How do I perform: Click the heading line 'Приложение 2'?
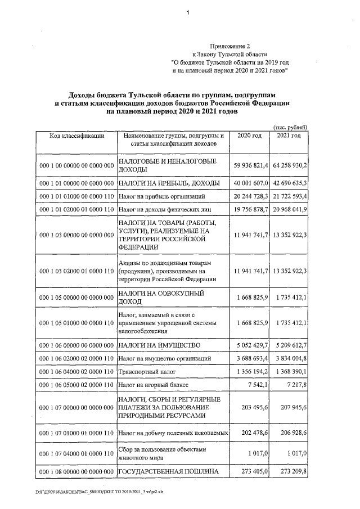(228, 46)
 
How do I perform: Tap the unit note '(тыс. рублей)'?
(289, 128)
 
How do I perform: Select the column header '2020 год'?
(249, 137)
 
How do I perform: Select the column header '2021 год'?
(289, 137)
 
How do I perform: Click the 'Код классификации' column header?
(76, 137)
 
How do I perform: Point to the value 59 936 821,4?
(250, 166)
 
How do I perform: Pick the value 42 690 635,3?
(290, 183)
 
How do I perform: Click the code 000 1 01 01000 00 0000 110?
(76, 196)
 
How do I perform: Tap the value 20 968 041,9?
(290, 210)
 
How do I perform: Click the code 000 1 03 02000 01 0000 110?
(76, 272)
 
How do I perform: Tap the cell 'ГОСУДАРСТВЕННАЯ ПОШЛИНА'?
(168, 471)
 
